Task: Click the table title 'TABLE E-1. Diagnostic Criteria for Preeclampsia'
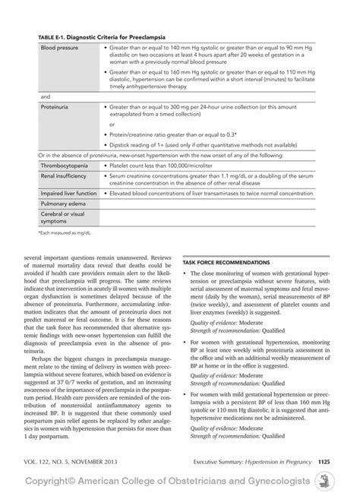click(x=102, y=37)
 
